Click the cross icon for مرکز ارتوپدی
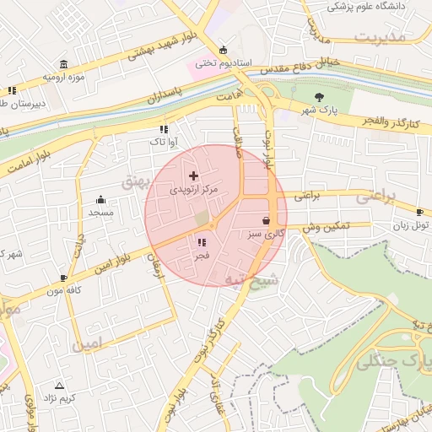194,175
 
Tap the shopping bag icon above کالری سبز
266,220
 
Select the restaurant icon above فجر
202,243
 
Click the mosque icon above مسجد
101,200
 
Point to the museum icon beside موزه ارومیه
65,65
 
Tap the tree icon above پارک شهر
319,97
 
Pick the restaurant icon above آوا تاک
164,129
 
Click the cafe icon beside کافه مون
63,278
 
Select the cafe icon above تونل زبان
420,212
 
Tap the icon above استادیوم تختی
223,50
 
